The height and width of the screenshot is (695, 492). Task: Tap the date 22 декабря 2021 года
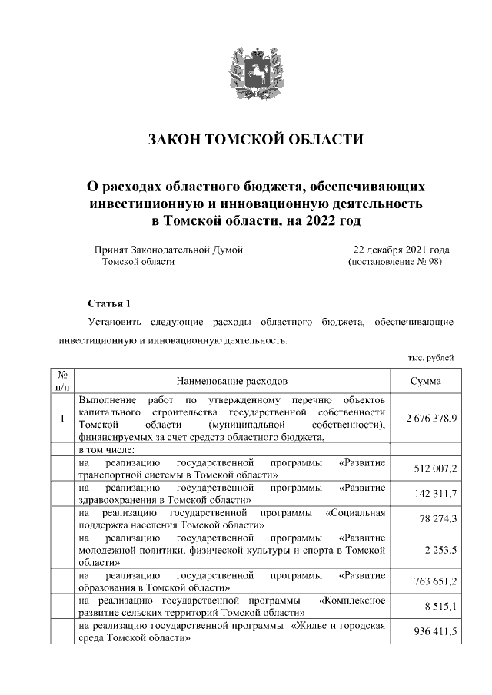coord(401,250)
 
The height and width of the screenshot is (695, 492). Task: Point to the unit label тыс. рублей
coord(430,357)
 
